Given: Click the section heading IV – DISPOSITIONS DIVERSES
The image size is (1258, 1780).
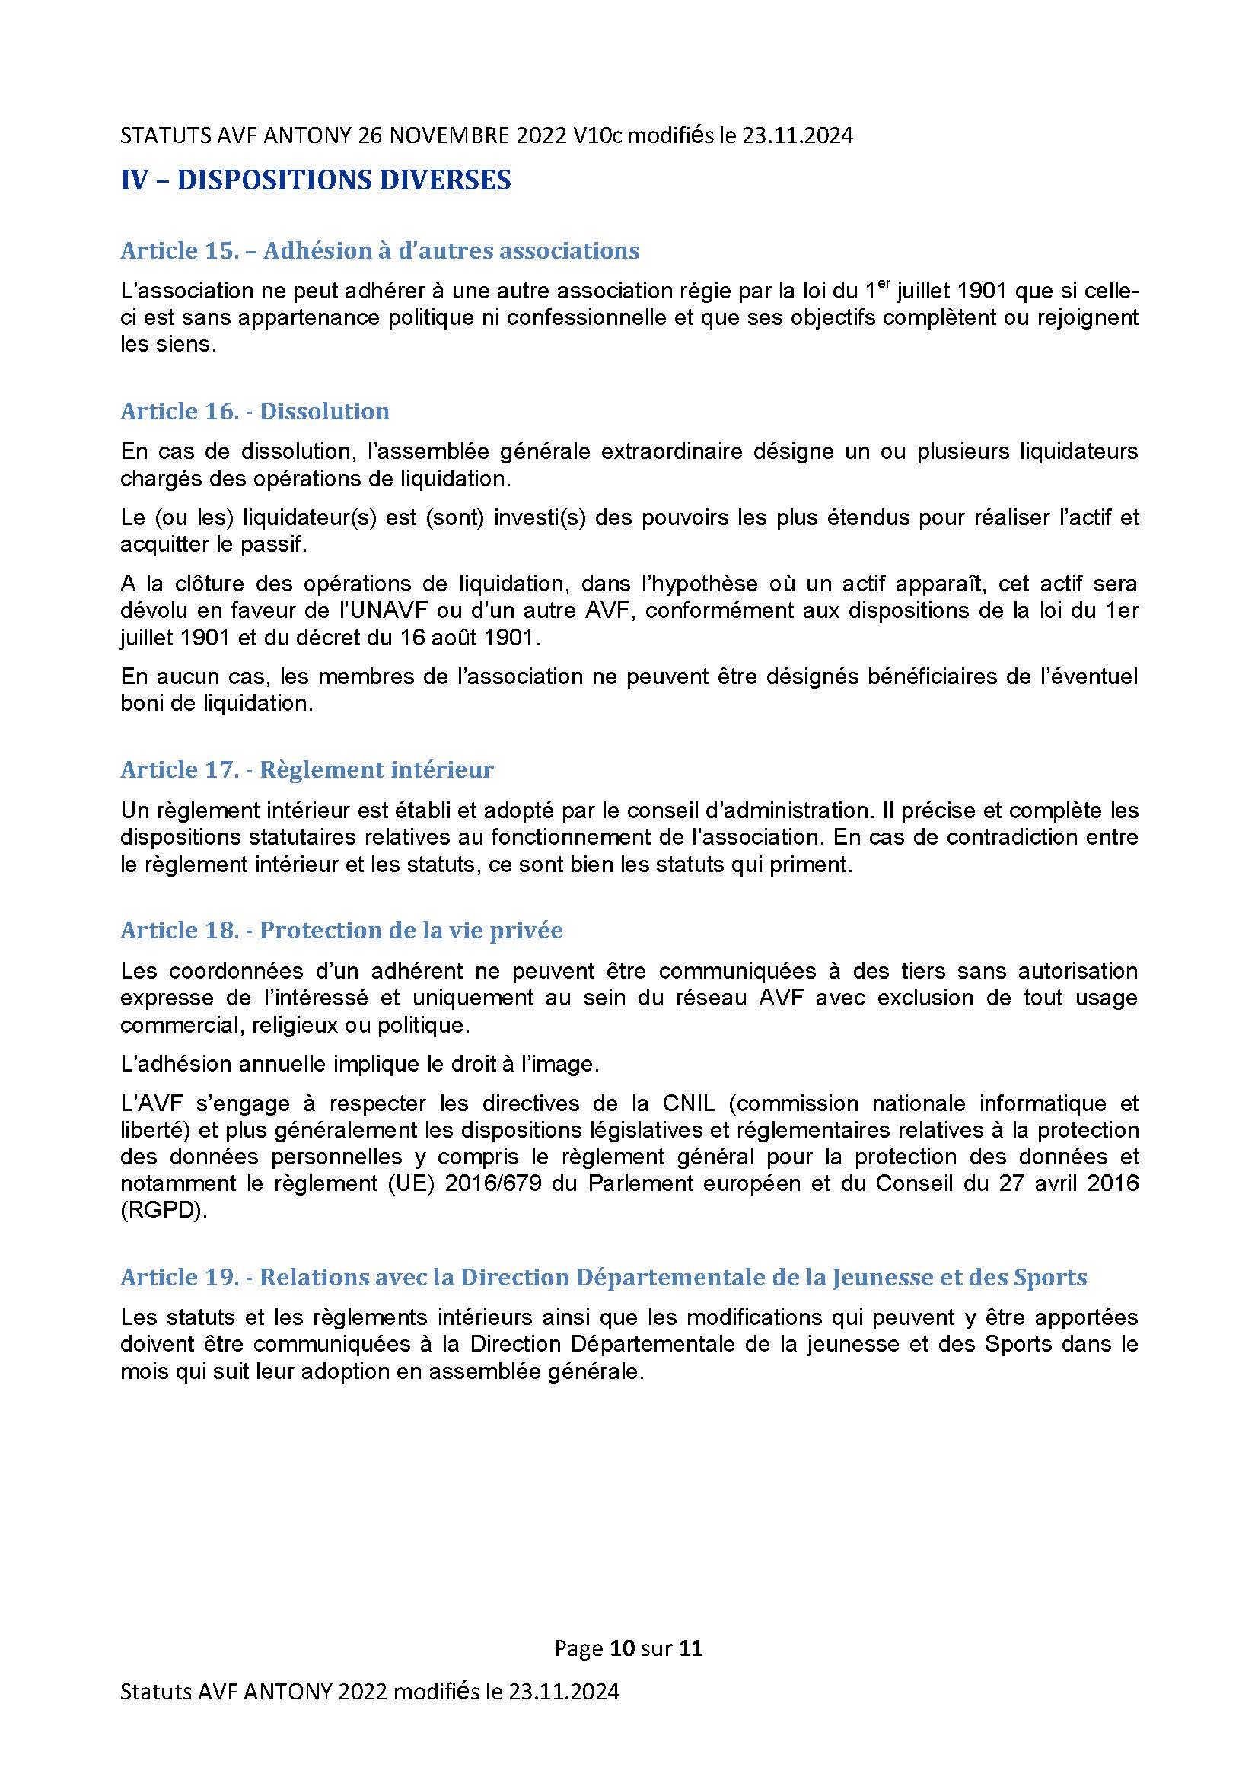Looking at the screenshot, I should coord(316,180).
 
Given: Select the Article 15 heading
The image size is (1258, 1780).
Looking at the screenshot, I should coord(380,251).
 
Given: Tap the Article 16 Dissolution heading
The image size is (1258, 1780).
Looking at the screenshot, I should coord(255,411).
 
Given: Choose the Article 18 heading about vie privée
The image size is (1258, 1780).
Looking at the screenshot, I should coord(341,929).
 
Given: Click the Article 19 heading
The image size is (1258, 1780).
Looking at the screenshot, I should coord(603,1277).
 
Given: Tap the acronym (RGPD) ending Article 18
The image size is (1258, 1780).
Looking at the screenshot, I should coord(164,1210).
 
